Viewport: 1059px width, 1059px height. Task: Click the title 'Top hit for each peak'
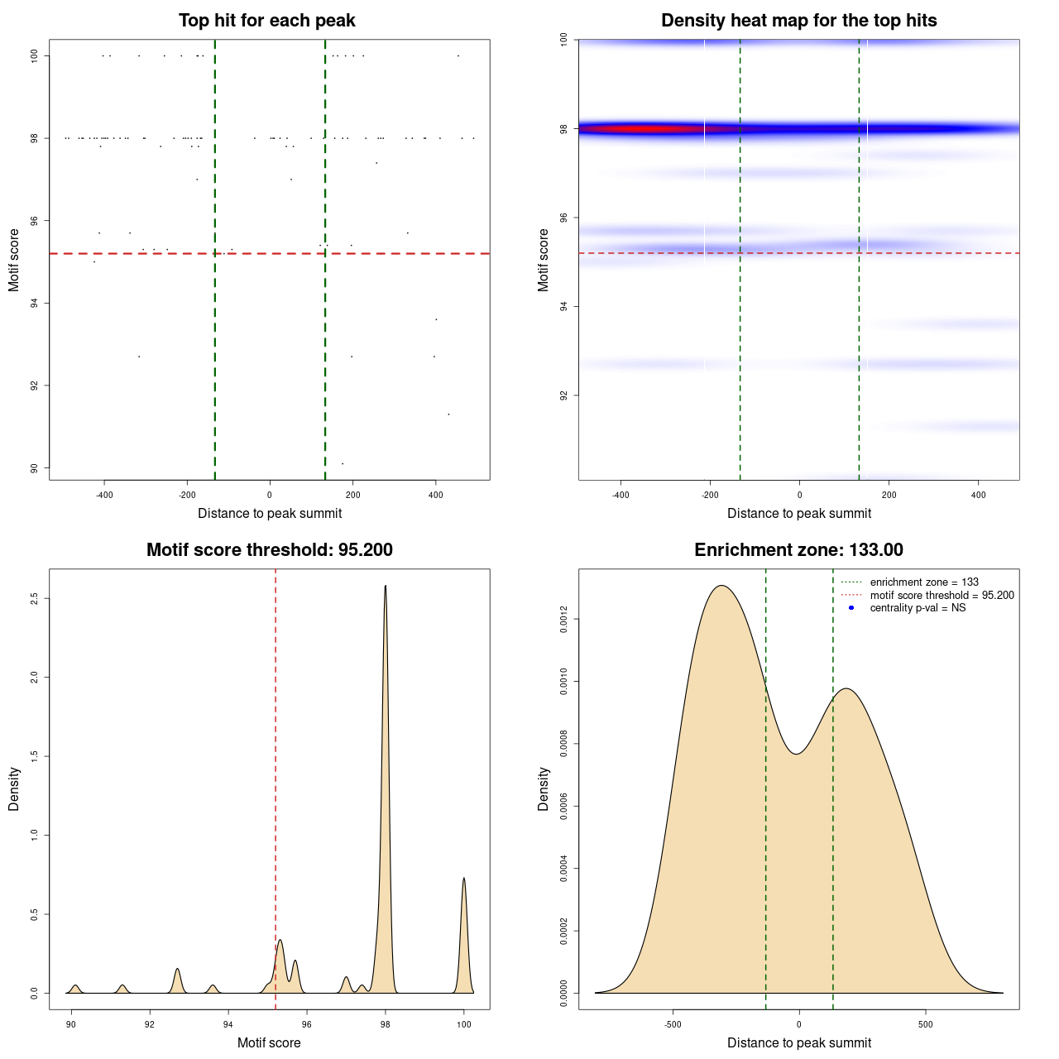pos(266,21)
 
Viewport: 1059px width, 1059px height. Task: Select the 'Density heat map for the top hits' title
pos(798,21)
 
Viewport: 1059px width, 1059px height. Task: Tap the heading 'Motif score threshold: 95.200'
pos(269,550)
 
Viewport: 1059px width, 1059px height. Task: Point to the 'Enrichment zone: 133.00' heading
pos(798,550)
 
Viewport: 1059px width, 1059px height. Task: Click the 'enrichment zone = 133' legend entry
pos(924,582)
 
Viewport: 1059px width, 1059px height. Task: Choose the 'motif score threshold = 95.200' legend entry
pos(942,596)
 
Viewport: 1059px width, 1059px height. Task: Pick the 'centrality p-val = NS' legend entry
pos(918,608)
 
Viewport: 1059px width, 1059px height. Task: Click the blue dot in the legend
pos(851,608)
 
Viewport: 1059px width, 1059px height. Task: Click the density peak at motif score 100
pos(464,879)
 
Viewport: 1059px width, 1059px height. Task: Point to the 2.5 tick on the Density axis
pos(35,598)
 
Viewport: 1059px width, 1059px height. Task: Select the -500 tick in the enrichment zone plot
pos(673,1024)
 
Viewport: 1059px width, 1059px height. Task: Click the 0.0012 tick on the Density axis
pos(564,620)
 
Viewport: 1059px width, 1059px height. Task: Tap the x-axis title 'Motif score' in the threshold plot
pos(269,1042)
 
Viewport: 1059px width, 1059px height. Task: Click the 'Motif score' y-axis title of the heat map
pos(544,260)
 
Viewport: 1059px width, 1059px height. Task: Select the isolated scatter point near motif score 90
pos(343,463)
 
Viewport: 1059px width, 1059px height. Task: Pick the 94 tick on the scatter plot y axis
pos(35,304)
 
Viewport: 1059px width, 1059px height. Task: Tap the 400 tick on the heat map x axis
pos(978,495)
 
